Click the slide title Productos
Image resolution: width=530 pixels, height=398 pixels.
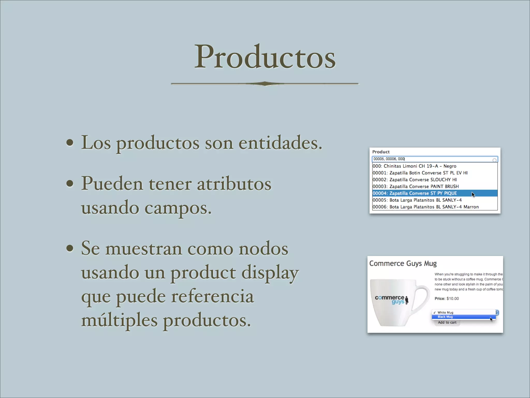pos(265,57)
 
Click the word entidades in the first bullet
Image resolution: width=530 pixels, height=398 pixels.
pos(280,143)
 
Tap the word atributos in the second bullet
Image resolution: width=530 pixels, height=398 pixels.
pos(234,184)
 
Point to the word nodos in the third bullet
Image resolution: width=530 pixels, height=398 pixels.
pos(263,249)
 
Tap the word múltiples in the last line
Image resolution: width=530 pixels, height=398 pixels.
pos(119,321)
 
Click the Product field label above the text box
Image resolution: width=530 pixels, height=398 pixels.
pos(381,152)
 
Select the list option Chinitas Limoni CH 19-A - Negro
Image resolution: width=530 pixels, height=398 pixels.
pos(414,166)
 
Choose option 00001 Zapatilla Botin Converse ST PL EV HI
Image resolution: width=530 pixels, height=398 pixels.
pos(420,173)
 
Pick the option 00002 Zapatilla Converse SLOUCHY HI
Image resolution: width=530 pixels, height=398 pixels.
pos(414,180)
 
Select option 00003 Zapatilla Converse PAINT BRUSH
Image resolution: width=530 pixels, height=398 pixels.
pos(415,186)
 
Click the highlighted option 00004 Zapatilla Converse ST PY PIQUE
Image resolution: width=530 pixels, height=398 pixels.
pos(415,193)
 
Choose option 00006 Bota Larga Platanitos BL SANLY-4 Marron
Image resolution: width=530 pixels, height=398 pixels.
pos(425,207)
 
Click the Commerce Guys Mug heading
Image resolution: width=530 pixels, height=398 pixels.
pos(403,264)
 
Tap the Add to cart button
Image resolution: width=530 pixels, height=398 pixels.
pos(447,323)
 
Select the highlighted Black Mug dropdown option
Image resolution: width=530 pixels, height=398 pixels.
pos(445,317)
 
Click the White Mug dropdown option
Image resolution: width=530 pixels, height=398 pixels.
pos(445,312)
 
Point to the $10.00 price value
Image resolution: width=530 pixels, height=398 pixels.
pos(453,298)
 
